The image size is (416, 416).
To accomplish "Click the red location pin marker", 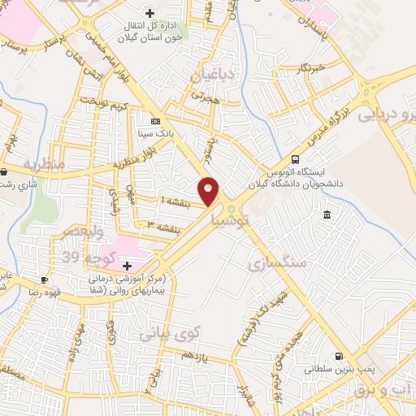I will [210, 190].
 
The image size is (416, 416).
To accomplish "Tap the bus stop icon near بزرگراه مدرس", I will [295, 159].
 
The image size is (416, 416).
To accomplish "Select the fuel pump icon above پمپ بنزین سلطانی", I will [338, 356].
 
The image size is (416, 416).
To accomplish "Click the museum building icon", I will [326, 214].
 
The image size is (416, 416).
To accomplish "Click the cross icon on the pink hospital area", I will [127, 266].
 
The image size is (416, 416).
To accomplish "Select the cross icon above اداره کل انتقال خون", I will [149, 13].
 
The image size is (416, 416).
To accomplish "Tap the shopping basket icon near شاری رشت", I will [5, 172].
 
